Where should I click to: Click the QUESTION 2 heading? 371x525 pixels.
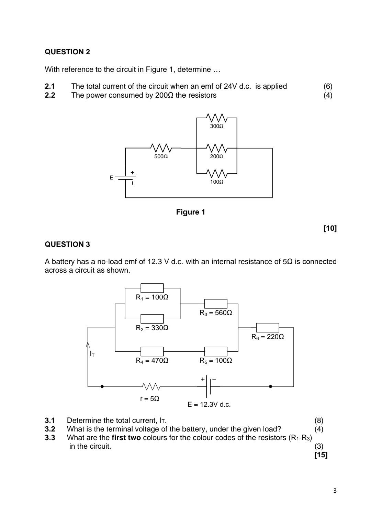(67, 52)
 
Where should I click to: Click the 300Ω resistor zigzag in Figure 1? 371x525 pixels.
(217, 118)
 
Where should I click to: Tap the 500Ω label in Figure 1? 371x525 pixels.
(161, 156)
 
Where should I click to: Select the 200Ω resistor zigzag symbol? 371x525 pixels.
(217, 148)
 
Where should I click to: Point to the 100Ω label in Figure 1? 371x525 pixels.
(217, 182)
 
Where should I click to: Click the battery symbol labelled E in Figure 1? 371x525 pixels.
(126, 177)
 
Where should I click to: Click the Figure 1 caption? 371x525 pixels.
(190, 212)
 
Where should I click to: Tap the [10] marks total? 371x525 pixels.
(330, 228)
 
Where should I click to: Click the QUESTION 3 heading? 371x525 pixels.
(67, 244)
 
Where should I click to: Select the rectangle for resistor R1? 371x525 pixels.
(152, 288)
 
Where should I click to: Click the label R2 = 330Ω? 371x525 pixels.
(152, 328)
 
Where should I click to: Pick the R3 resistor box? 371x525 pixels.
(216, 304)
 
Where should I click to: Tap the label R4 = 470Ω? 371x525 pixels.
(152, 361)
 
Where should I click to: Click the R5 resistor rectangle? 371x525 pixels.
(216, 351)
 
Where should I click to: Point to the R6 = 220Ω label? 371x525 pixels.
(268, 337)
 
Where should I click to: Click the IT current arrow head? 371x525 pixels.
(88, 344)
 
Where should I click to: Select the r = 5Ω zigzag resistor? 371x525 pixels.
(150, 386)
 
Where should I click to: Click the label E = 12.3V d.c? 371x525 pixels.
(209, 405)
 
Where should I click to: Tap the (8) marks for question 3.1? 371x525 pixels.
(319, 420)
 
